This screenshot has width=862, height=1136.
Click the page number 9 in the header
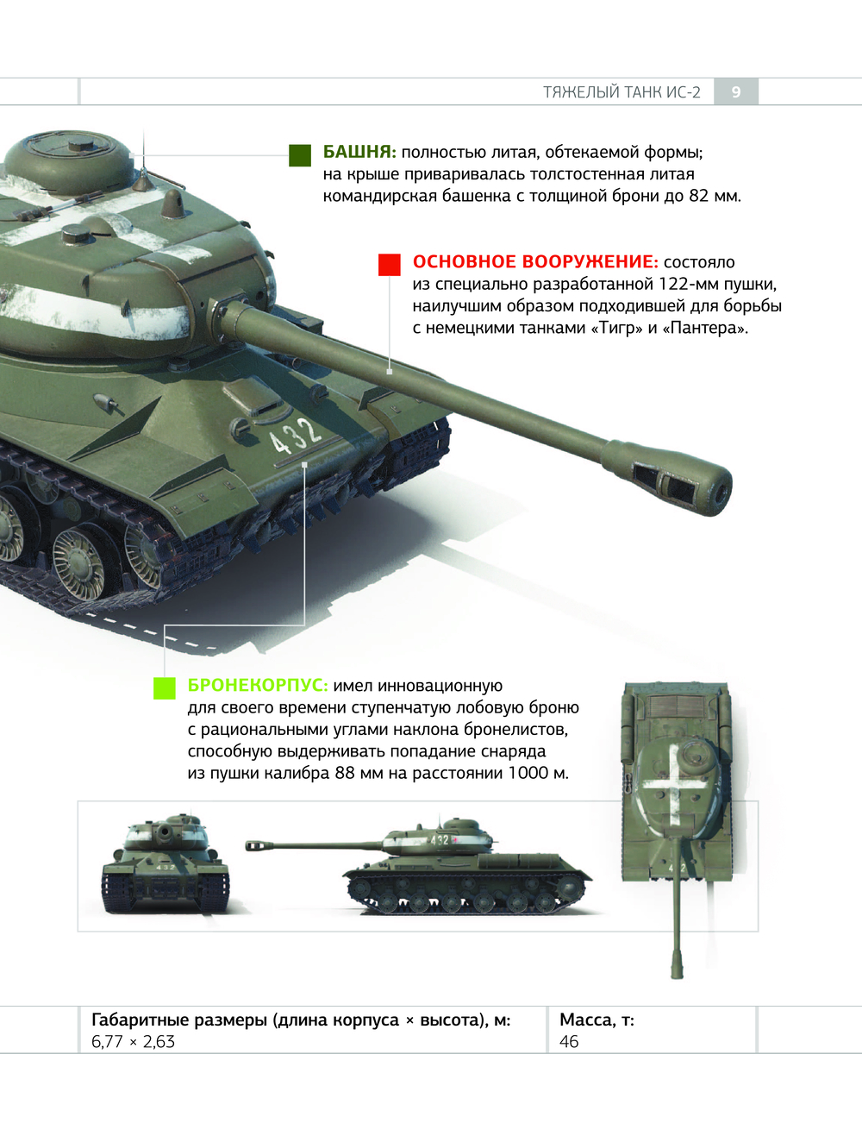736,92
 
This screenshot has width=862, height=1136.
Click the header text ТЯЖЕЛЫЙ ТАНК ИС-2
622,92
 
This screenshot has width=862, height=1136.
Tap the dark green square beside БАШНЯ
300,155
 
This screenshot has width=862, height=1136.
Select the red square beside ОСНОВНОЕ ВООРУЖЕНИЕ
390,265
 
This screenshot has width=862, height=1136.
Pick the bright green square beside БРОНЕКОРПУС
165,688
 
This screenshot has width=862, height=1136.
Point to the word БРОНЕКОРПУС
258,685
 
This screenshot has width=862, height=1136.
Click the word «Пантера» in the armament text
705,328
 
